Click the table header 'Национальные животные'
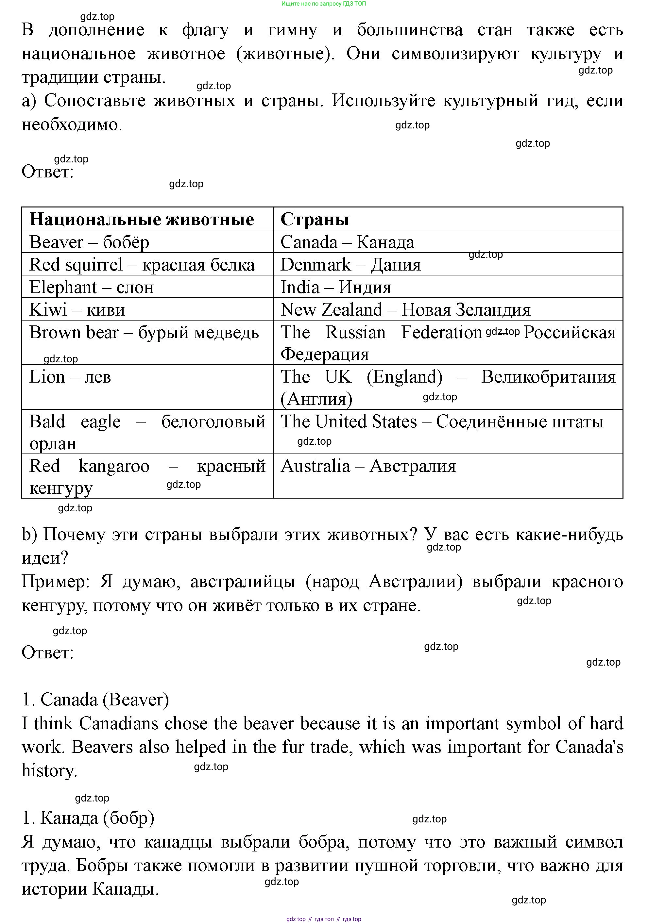pos(142,219)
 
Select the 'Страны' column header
pos(315,219)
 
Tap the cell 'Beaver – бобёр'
pos(89,242)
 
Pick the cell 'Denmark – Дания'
pos(350,265)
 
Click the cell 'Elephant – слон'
pos(92,287)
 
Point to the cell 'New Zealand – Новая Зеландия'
pos(405,310)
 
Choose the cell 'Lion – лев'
pos(70,377)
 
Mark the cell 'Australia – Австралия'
pos(368,466)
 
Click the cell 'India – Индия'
pos(335,287)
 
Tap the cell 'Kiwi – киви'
pos(77,310)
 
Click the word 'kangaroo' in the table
pos(114,466)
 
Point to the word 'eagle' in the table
pos(101,422)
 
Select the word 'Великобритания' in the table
pos(548,377)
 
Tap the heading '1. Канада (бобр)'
pos(88,818)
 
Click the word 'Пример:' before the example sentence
pos(56,582)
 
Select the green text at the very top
pos(323,4)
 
